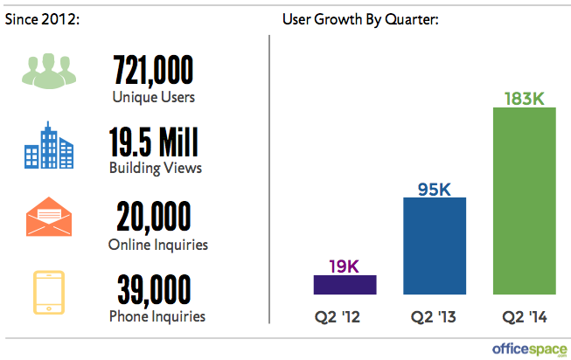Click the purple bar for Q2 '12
[x=345, y=285]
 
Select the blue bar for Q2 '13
[x=435, y=246]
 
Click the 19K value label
[x=345, y=264]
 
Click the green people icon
[x=44, y=73]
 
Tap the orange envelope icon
[x=44, y=218]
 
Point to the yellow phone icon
[x=44, y=292]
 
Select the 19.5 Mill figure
[x=153, y=142]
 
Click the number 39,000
[x=153, y=291]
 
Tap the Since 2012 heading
[x=43, y=18]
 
